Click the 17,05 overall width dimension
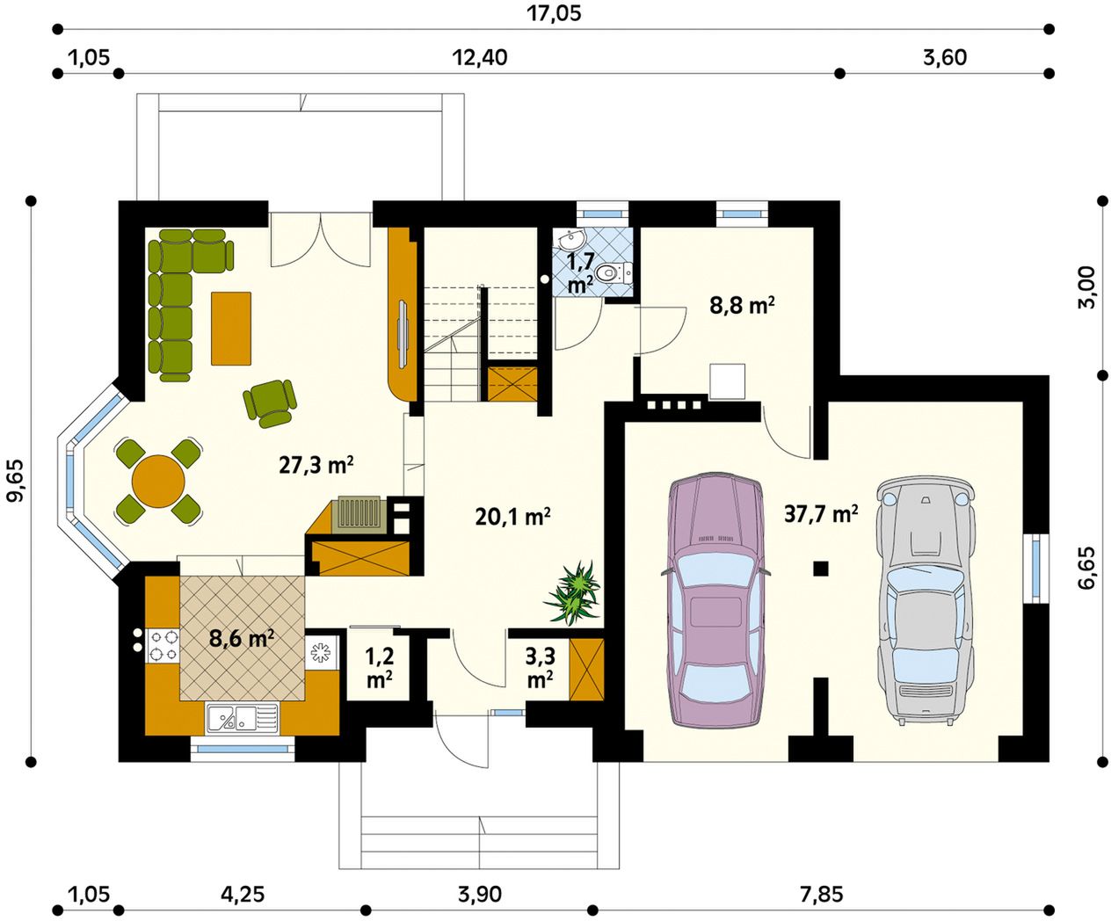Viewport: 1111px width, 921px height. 554,13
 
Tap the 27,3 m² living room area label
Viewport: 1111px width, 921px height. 316,466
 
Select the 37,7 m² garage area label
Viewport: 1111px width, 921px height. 820,513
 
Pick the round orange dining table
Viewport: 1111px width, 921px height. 158,481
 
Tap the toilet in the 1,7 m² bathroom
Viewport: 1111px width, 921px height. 611,274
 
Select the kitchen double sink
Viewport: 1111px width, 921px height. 242,717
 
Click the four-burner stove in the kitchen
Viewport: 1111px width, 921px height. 163,644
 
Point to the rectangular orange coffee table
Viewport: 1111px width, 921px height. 231,329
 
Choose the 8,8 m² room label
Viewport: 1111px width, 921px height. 742,306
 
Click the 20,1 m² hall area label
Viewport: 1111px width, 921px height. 512,517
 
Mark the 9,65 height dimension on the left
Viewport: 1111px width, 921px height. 16,481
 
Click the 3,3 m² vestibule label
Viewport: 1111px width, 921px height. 540,668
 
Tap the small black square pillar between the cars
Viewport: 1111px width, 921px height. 821,569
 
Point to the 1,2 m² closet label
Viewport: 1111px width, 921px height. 380,668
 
